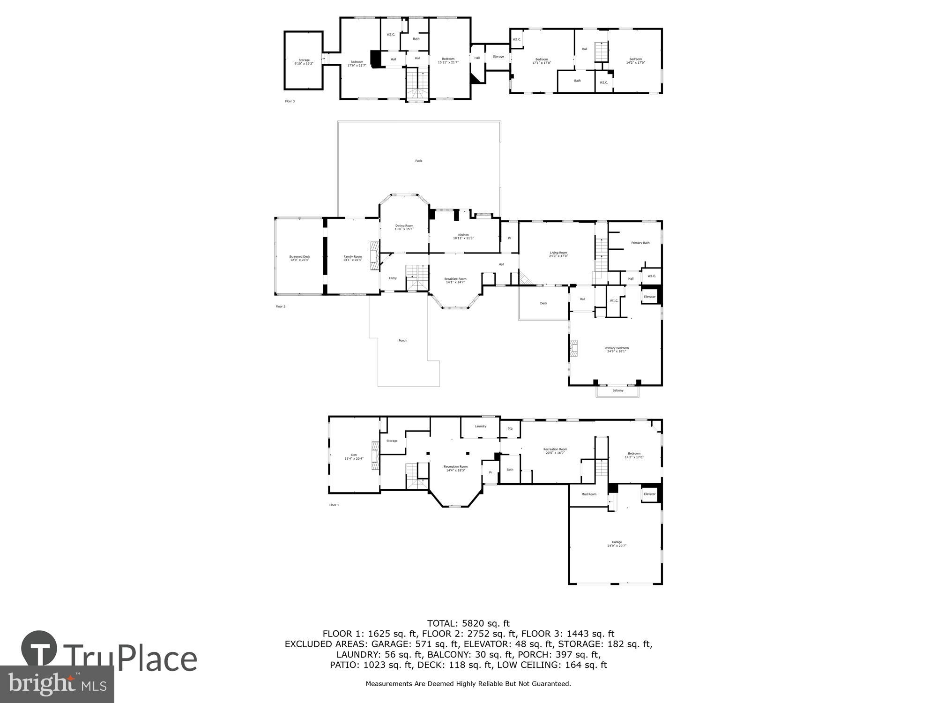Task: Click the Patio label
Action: (418, 161)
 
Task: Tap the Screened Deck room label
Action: (299, 258)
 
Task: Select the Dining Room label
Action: (404, 227)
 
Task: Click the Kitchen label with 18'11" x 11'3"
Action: (463, 236)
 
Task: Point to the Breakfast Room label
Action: (455, 280)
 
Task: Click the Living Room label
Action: (558, 254)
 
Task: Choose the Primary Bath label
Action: (640, 243)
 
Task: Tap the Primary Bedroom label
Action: (616, 349)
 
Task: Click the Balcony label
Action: (617, 390)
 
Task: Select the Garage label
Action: (617, 544)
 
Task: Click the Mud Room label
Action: (588, 494)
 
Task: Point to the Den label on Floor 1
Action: (354, 456)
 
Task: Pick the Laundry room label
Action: (480, 426)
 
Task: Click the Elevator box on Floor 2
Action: (649, 297)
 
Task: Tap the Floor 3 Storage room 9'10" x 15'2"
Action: (304, 61)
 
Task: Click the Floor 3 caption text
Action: (290, 101)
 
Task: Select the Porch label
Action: (402, 340)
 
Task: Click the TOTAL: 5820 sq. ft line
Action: (468, 623)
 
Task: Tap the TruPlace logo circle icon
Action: (39, 649)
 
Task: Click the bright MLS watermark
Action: (57, 684)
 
